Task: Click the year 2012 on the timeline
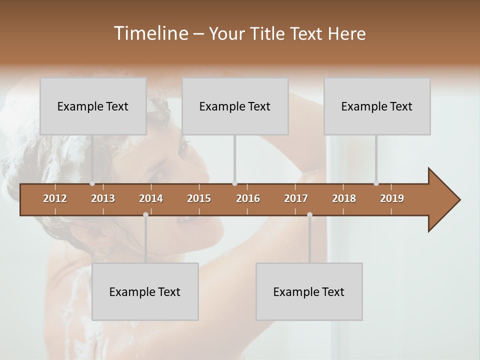coord(55,198)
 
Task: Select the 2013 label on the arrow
coord(103,198)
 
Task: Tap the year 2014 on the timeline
coord(151,198)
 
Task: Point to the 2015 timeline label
coord(199,198)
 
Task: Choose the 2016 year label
coord(248,198)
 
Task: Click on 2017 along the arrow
coord(296,198)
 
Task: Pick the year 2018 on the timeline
coord(344,198)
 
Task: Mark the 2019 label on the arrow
coord(392,198)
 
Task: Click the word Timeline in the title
coord(150,33)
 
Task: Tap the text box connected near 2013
coord(93,106)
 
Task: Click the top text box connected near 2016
coord(235,106)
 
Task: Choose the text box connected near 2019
coord(377,106)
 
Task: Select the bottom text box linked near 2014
coord(145,291)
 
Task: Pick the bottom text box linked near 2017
coord(309,291)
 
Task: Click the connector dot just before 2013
coord(92,183)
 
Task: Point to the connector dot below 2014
coord(145,214)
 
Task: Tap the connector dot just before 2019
coord(376,183)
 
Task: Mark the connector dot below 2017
coord(309,214)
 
